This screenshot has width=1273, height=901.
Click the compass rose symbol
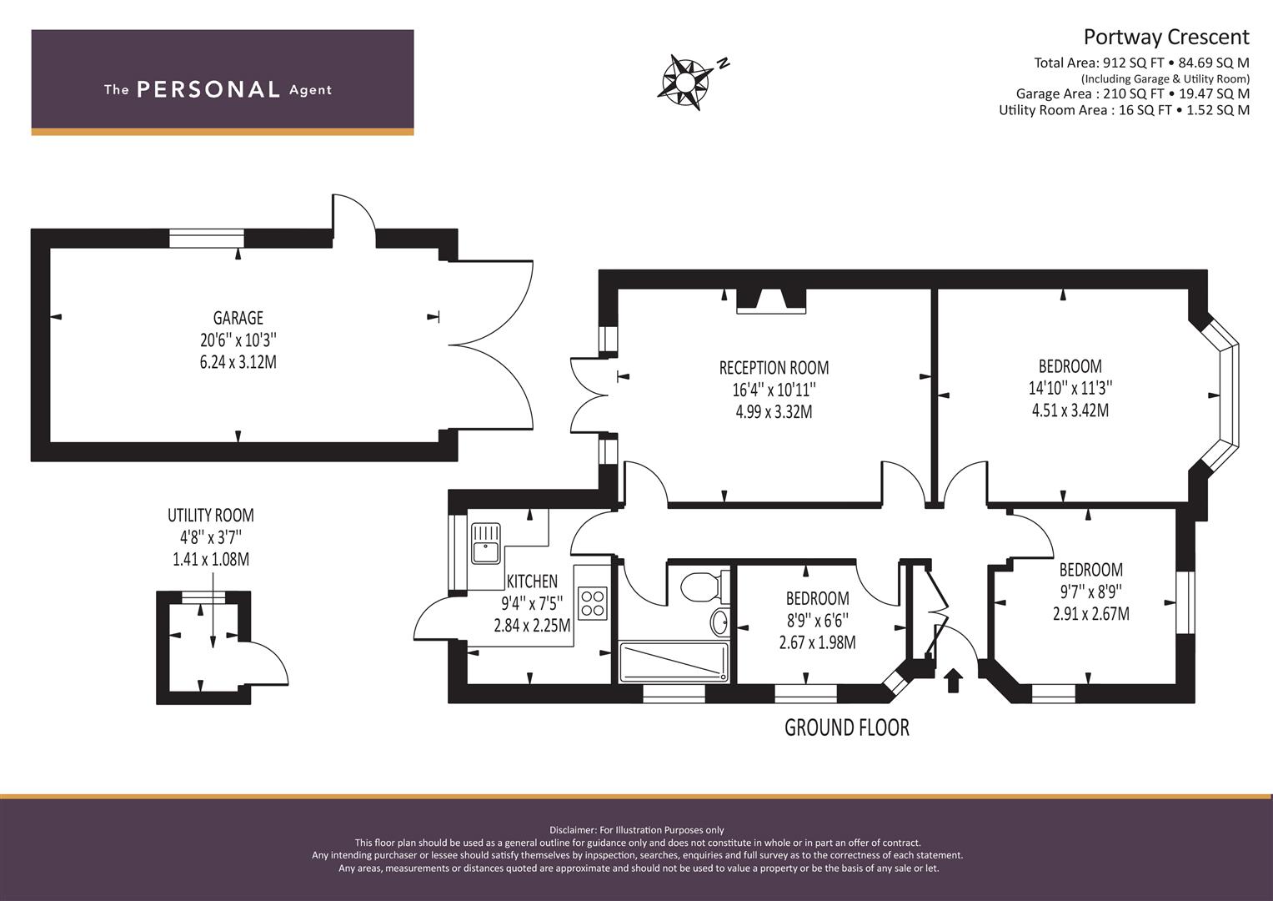tap(685, 82)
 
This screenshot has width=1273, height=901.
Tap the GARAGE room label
tap(238, 318)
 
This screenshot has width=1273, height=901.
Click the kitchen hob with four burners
tap(593, 603)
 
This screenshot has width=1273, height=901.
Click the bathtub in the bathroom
tap(673, 662)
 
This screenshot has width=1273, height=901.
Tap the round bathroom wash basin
tap(719, 622)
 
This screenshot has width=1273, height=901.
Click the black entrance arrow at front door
tap(952, 679)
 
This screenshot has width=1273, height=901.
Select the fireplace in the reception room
tap(771, 301)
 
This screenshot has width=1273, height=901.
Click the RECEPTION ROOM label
tap(774, 368)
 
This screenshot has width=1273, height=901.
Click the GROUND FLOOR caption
tap(846, 727)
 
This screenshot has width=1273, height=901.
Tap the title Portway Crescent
tap(1165, 37)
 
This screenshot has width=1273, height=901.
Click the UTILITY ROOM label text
tap(210, 516)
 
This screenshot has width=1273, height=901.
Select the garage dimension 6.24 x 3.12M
tap(238, 362)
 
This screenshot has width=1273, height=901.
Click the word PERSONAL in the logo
tap(208, 89)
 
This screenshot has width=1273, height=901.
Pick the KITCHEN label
tap(532, 581)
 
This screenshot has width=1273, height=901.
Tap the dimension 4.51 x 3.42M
tap(1070, 410)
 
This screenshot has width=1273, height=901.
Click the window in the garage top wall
tap(207, 239)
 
